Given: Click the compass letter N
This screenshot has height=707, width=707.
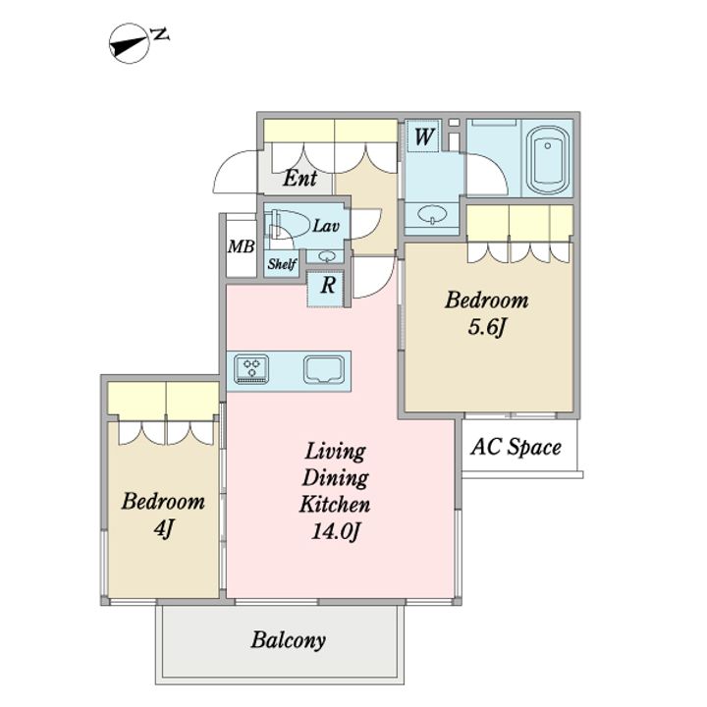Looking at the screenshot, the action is [x=160, y=34].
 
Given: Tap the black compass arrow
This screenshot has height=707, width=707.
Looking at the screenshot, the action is [x=129, y=45].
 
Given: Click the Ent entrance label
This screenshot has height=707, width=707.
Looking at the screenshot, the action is [x=299, y=178].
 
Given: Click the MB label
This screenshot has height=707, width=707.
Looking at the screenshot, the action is [x=242, y=246].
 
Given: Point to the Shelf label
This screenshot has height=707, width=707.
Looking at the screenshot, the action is [x=282, y=263].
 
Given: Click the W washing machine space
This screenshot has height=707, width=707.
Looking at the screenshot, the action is [x=423, y=136].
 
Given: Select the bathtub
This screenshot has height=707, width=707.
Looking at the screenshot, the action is [x=547, y=157].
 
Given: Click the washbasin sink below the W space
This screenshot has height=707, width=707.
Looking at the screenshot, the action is [x=432, y=215].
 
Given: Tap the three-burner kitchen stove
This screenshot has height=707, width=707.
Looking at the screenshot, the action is [x=250, y=369].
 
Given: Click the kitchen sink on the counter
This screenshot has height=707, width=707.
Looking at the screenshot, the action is [x=324, y=370].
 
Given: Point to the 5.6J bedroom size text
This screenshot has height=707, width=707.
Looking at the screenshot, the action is [x=486, y=327].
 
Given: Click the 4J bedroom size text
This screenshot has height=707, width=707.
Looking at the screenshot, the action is [x=163, y=528].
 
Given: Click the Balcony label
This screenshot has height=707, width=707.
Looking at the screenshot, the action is [x=289, y=640].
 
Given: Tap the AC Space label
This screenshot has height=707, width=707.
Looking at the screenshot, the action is [x=516, y=447].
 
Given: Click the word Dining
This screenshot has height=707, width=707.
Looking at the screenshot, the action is [x=335, y=478].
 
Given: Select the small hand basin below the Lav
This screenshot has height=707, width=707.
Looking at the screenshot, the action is [x=325, y=256].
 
